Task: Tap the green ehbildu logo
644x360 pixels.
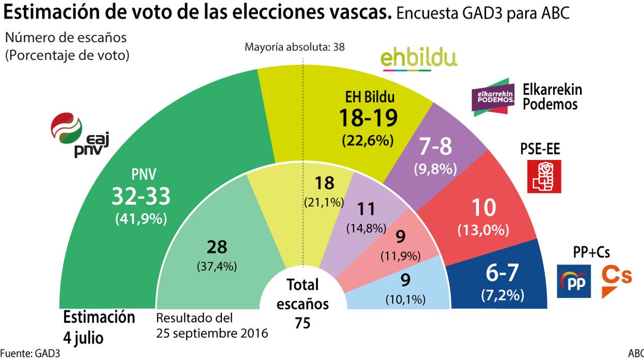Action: pos(418,58)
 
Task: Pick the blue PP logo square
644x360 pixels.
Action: pos(573,282)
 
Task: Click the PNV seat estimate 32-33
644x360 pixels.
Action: pos(141,196)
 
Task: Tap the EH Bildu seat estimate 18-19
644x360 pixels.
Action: pos(368,118)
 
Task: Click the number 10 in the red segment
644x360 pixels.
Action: pos(484,207)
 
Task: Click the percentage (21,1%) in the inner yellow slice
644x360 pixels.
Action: pos(324,203)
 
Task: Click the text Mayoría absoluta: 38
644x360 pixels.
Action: pos(295,47)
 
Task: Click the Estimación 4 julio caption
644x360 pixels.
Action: pos(99,327)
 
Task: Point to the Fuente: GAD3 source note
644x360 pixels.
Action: pos(33,354)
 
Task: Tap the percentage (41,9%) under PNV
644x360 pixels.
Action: pos(141,218)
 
